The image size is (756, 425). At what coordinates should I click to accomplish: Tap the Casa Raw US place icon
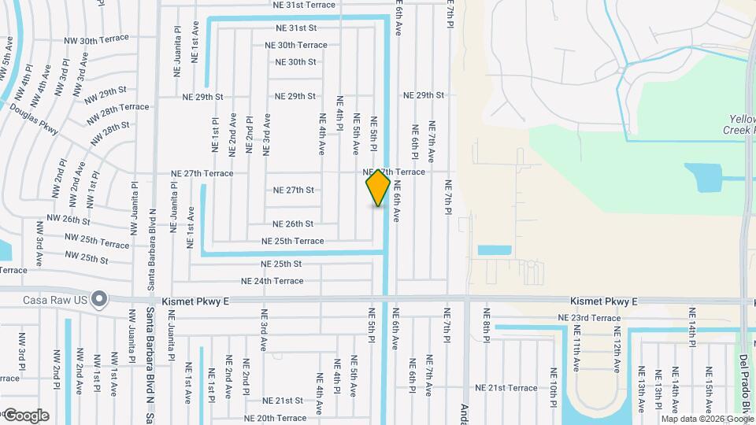tap(99, 300)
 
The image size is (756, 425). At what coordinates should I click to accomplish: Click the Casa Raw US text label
tap(56, 300)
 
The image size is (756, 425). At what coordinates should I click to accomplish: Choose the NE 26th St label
tap(293, 224)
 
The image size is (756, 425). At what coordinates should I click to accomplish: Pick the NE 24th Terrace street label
tap(272, 280)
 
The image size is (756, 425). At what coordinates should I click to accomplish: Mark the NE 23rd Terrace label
tap(588, 318)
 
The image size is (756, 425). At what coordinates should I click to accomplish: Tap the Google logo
tap(25, 415)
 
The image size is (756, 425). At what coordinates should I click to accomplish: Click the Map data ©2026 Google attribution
tap(706, 419)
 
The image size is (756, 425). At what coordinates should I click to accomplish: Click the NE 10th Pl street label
tap(554, 381)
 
